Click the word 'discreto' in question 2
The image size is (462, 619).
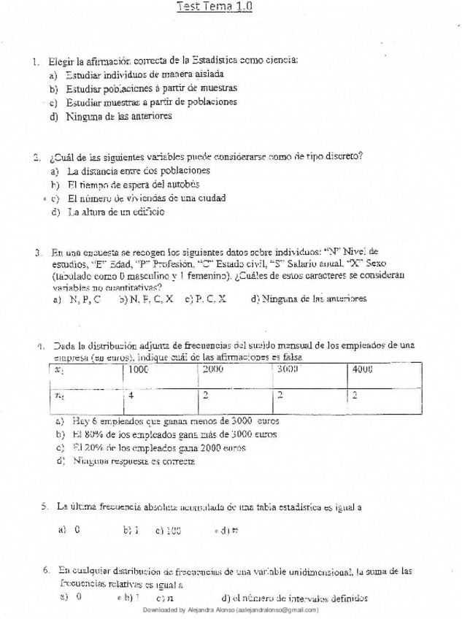(343, 155)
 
